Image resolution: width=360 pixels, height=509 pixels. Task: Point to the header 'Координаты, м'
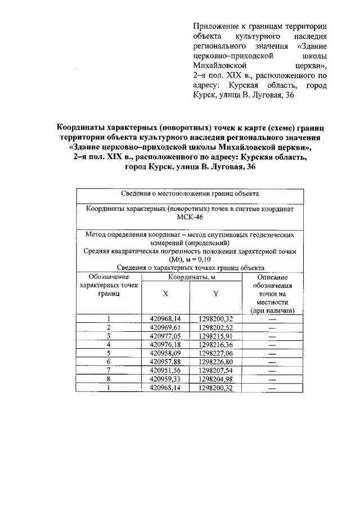point(190,277)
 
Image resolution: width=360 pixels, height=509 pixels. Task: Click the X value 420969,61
point(165,327)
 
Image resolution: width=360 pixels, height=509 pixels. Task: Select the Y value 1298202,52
point(215,327)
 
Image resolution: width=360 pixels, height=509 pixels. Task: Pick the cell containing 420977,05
point(165,336)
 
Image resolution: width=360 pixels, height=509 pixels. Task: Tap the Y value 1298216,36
point(215,344)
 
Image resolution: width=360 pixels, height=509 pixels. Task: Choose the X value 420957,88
point(165,362)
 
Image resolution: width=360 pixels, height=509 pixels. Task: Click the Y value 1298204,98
point(215,379)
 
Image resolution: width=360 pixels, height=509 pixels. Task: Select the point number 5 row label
point(108,353)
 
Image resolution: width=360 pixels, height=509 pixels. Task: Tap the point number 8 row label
point(108,379)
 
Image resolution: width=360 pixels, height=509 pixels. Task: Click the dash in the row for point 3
point(273,336)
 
